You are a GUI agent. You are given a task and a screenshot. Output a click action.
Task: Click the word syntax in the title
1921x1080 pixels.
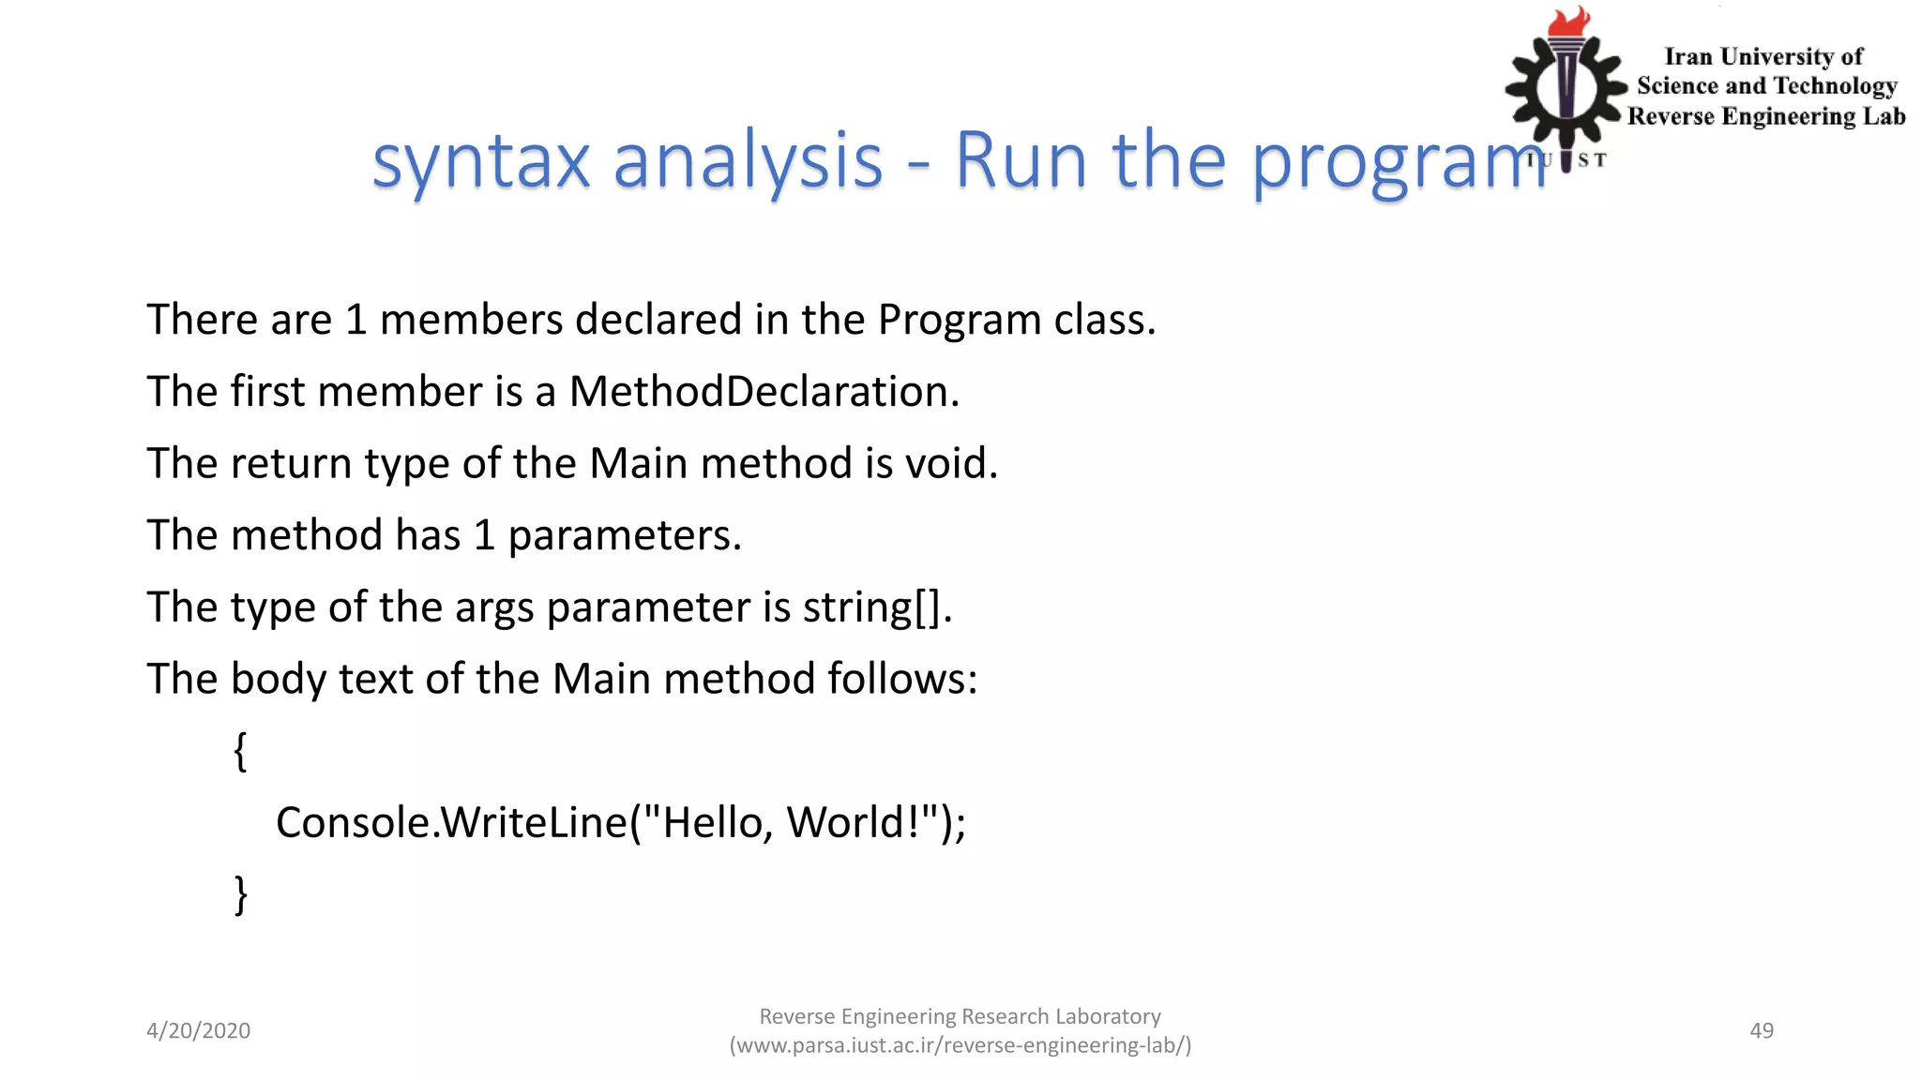[480, 161]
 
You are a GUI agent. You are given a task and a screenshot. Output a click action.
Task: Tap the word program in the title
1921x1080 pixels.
[1398, 161]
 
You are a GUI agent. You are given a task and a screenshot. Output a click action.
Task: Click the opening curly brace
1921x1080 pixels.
[240, 751]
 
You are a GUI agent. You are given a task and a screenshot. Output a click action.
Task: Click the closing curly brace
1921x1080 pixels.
[240, 894]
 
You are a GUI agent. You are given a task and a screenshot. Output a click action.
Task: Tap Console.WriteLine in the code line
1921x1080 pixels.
[451, 823]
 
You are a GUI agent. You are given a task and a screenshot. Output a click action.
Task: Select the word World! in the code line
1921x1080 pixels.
[852, 823]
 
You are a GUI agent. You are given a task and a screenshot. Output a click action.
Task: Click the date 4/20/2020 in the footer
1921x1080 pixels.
[198, 1030]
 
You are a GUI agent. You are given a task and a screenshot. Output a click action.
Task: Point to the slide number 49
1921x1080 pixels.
[1762, 1030]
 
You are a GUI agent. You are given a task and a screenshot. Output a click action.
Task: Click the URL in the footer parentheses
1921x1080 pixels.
[960, 1045]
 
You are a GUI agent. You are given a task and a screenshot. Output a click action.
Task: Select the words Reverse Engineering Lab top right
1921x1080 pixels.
[1765, 116]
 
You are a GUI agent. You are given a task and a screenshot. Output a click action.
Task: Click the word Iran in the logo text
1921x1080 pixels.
[1688, 57]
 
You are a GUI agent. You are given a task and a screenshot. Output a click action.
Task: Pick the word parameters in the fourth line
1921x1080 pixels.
[624, 536]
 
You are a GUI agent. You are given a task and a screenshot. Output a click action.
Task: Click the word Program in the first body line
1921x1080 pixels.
[959, 321]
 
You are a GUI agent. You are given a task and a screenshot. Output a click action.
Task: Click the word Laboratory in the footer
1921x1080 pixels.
[1107, 1016]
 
